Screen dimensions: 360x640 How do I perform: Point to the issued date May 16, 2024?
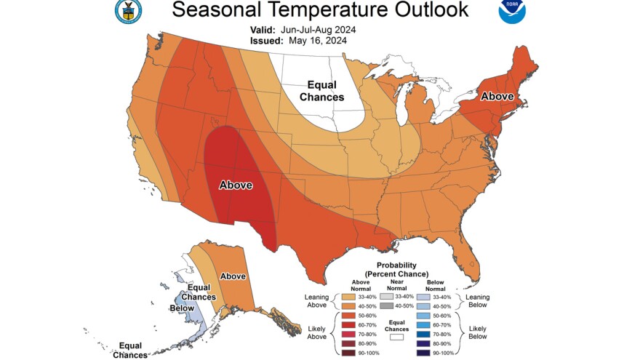pyautogui.click(x=318, y=41)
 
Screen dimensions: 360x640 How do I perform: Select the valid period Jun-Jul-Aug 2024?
pyautogui.click(x=325, y=29)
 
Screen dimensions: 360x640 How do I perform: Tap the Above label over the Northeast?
pyautogui.click(x=497, y=96)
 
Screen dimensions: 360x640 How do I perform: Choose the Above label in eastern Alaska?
pyautogui.click(x=233, y=276)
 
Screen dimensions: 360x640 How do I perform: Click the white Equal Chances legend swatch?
pyautogui.click(x=396, y=337)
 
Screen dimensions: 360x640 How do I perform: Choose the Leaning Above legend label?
pyautogui.click(x=318, y=301)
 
